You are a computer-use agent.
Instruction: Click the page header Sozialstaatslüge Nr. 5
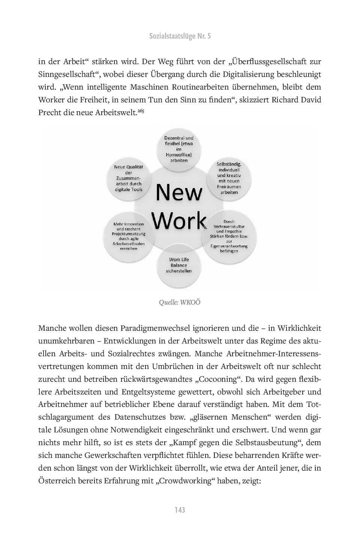(180, 36)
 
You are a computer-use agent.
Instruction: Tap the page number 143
(180, 510)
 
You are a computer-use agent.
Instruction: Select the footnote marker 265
(141, 111)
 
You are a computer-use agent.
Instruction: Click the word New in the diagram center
(179, 193)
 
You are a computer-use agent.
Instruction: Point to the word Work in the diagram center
(180, 221)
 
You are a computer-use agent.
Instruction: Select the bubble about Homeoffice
(178, 149)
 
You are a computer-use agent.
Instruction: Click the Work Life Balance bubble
(179, 265)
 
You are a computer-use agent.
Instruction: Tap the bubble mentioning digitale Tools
(129, 178)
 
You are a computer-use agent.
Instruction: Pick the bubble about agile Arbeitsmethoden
(129, 236)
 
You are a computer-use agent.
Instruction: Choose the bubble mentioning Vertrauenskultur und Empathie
(229, 236)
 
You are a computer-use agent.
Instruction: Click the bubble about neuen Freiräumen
(229, 178)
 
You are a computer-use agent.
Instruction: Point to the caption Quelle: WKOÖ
(180, 302)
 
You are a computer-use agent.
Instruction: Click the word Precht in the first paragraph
(51, 112)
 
